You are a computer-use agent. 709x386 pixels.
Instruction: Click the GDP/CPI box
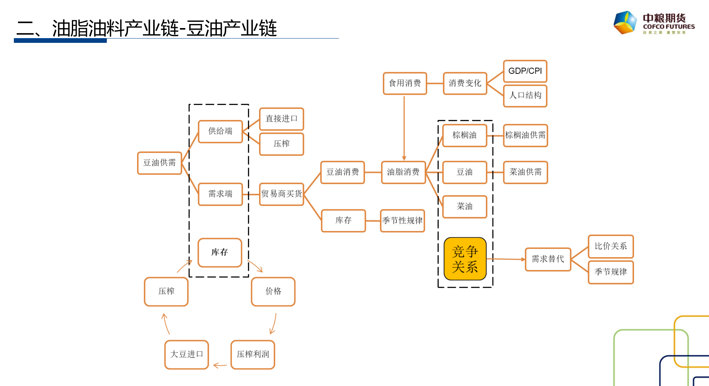coord(525,71)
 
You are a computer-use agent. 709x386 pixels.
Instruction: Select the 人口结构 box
coord(525,95)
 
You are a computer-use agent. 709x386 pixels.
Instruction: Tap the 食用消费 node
coord(405,83)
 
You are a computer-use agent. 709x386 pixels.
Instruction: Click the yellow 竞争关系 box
coord(465,259)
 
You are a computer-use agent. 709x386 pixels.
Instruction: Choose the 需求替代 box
coord(548,259)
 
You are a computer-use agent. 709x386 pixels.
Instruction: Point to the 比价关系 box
coord(611,246)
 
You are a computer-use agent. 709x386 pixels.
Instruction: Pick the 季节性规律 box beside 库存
coord(402,221)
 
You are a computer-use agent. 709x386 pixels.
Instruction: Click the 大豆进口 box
coord(187,354)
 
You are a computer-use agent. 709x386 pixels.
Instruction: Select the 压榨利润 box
coord(253,354)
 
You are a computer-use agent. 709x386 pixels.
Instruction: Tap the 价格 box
coord(273,291)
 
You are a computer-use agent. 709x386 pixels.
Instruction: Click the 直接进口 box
coord(281,119)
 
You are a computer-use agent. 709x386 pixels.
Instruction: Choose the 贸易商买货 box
coord(281,194)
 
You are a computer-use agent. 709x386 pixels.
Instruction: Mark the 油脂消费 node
coord(403,172)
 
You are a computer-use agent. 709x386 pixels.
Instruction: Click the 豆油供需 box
coord(159,163)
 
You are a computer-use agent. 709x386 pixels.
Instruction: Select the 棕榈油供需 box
coord(525,135)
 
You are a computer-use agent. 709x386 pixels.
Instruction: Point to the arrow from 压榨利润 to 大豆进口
coord(220,366)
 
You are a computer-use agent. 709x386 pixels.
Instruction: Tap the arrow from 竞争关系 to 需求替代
coord(506,259)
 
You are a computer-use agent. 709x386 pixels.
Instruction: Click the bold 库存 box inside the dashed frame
coord(220,252)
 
